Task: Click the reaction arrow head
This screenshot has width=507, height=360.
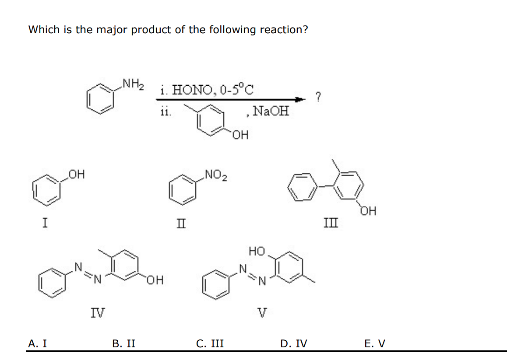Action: click(300, 100)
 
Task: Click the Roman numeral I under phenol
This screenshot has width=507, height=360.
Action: click(45, 223)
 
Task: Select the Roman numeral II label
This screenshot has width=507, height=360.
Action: click(181, 224)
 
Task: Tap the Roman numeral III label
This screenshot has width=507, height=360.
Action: click(330, 224)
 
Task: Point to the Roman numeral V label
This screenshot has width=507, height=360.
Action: click(262, 313)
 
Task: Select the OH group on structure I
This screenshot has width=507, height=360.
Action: click(77, 176)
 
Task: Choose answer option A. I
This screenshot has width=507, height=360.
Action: click(38, 344)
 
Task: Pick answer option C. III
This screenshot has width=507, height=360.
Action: click(210, 344)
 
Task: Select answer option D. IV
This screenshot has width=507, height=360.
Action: click(294, 344)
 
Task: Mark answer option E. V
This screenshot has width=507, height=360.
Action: click(375, 344)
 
